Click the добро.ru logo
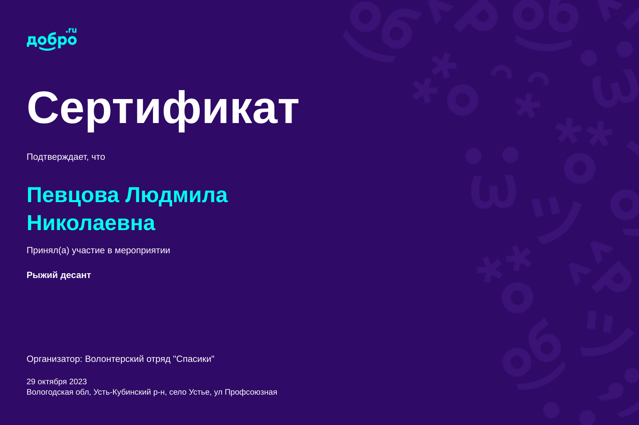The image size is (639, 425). click(x=52, y=39)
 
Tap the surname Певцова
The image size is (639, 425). click(x=73, y=195)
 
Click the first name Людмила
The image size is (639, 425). click(x=177, y=195)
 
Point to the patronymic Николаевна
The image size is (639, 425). click(x=91, y=223)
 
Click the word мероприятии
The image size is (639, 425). click(x=142, y=251)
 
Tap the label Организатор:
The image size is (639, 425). click(x=54, y=359)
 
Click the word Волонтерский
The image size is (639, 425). click(x=115, y=359)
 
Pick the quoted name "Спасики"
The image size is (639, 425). click(x=194, y=359)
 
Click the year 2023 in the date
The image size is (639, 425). click(x=78, y=381)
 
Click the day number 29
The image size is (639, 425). click(x=31, y=381)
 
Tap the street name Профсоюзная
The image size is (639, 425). click(x=251, y=393)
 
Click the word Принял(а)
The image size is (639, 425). click(x=48, y=250)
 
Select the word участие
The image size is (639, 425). click(x=88, y=251)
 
